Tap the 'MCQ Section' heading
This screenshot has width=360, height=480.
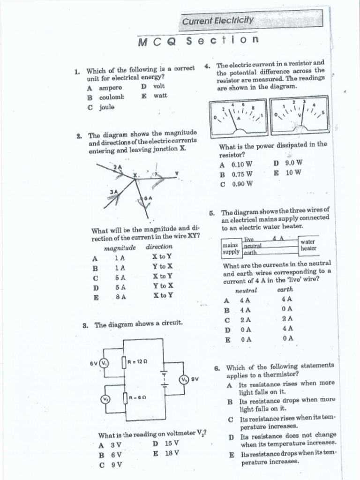[198, 41]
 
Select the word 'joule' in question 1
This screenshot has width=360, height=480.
[106, 107]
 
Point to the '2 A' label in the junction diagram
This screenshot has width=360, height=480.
[117, 167]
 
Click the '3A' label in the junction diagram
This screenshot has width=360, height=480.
[113, 191]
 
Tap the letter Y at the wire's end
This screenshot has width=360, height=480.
[177, 173]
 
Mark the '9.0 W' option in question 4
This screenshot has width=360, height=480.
[293, 163]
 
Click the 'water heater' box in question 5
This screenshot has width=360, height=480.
[308, 245]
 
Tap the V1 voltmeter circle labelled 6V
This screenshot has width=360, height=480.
[105, 363]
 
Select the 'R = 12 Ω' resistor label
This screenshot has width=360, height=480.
[137, 361]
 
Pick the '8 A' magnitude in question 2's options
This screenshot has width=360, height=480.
[120, 296]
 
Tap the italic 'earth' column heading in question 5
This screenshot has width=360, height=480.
[285, 289]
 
